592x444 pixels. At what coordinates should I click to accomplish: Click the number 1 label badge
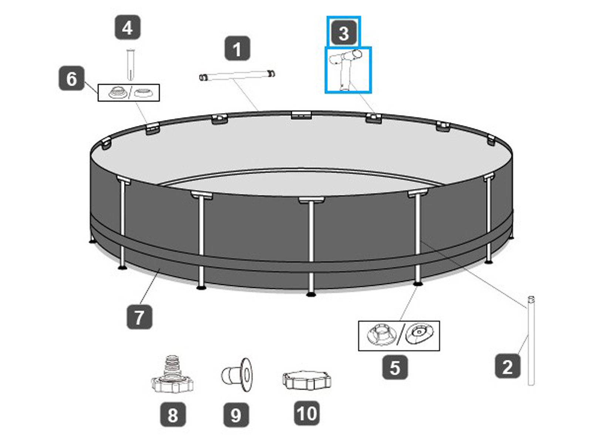click(x=237, y=48)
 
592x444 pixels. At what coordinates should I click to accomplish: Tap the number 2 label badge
click(x=507, y=366)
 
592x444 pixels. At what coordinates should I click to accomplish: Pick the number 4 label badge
click(x=128, y=27)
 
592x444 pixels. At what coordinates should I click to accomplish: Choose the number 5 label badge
click(x=395, y=367)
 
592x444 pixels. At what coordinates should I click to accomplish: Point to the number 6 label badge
click(x=71, y=78)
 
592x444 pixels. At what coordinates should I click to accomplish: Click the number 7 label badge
click(x=139, y=316)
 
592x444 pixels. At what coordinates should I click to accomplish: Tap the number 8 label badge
click(x=173, y=414)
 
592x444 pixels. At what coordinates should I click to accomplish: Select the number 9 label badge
click(x=236, y=415)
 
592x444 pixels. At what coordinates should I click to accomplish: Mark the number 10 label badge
click(x=307, y=413)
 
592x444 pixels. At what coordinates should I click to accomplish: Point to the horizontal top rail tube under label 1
click(x=237, y=75)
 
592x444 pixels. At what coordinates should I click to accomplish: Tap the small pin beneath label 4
click(x=131, y=65)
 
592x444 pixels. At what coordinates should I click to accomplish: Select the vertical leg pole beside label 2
click(x=531, y=340)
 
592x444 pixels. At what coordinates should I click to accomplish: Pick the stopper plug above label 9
click(x=236, y=375)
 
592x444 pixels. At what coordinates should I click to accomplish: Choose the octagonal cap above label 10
click(x=307, y=380)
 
